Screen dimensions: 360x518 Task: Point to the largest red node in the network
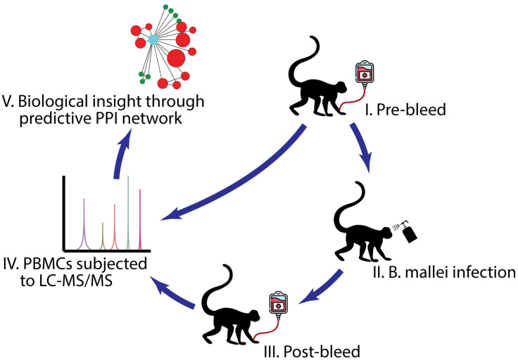pos(176,57)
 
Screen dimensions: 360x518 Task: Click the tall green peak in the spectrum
pos(128,211)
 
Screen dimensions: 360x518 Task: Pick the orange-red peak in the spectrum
pos(114,229)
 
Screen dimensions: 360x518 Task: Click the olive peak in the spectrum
pos(103,236)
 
